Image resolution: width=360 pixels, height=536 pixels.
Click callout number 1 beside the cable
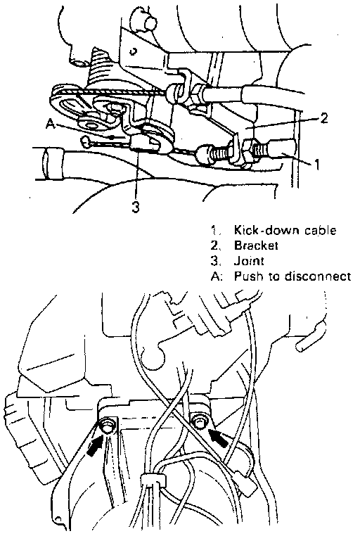click(x=316, y=164)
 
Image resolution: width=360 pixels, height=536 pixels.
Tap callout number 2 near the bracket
click(x=323, y=117)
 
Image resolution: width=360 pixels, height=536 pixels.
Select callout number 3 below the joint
click(x=136, y=207)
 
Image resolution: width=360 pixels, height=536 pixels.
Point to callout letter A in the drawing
click(x=50, y=125)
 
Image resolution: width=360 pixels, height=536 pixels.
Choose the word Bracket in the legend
click(x=256, y=245)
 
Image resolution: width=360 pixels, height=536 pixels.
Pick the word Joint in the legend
click(x=249, y=261)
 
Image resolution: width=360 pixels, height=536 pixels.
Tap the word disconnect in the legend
click(x=318, y=276)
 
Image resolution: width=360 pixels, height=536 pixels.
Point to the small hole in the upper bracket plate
click(x=134, y=51)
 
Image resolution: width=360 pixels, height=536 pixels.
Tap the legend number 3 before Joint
click(x=214, y=261)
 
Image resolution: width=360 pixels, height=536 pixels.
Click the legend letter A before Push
click(x=216, y=276)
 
